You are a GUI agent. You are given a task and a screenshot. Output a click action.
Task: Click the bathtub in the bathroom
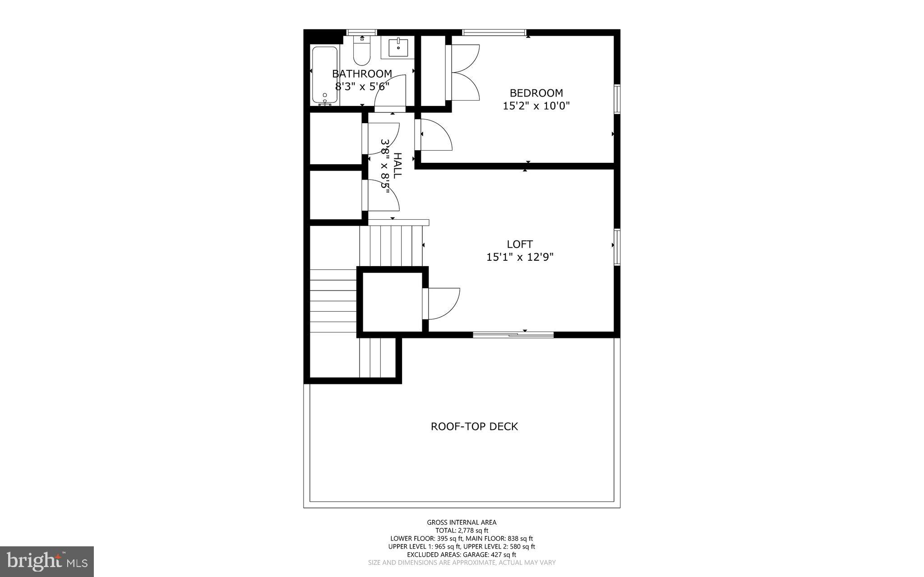324,75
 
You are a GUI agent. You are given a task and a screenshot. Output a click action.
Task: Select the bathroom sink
398,47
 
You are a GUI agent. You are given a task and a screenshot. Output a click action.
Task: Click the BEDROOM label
536,93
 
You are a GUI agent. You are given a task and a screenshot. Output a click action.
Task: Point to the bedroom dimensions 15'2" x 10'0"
536,106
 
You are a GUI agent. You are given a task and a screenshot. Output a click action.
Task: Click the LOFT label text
520,244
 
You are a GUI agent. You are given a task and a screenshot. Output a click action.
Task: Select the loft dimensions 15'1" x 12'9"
520,257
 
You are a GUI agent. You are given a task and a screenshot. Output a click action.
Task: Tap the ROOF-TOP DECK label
474,426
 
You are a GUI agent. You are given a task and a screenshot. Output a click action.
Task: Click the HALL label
397,166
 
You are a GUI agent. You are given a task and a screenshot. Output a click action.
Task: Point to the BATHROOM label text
362,74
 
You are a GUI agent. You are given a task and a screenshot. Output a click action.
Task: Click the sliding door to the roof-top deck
513,334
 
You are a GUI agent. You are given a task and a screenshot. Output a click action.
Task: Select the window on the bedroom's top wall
494,32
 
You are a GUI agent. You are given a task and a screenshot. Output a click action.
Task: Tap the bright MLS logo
47,561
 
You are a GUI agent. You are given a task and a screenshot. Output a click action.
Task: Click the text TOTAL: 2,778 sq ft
462,531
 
